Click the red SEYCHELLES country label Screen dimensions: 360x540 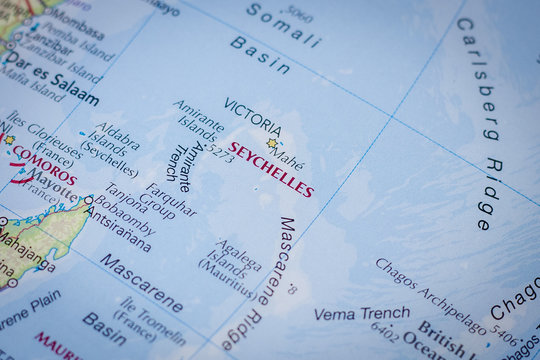coord(270,169)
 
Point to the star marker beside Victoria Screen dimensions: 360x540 coord(271,143)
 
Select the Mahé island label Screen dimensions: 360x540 coord(288,157)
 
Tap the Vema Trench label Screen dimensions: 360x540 coord(348,313)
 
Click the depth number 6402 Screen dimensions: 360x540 coord(385,331)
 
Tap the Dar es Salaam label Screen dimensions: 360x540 coord(50,84)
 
